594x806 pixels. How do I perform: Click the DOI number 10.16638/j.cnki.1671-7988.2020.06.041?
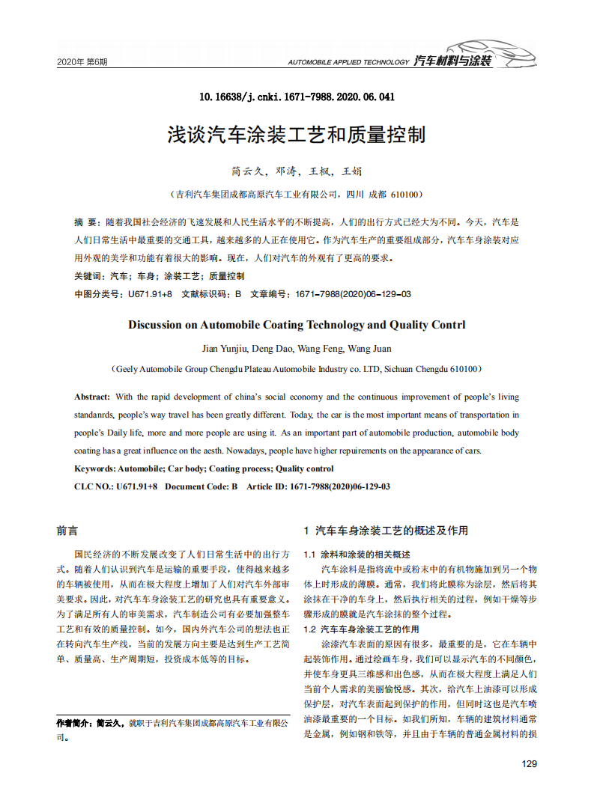[x=297, y=97]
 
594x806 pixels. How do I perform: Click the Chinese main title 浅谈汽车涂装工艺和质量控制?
[x=297, y=135]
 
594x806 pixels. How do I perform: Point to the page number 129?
[x=529, y=763]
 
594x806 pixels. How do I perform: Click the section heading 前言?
[x=67, y=531]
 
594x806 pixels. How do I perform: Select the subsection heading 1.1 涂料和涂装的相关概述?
[x=357, y=555]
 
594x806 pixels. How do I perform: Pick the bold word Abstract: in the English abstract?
[x=92, y=397]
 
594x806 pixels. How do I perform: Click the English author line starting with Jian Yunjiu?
[x=297, y=349]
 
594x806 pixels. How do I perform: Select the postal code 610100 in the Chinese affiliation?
[x=404, y=195]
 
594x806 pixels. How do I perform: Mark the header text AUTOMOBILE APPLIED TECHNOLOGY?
[x=348, y=63]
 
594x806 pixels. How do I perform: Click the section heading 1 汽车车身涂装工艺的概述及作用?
[x=386, y=531]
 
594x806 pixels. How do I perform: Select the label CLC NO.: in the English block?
[x=93, y=486]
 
